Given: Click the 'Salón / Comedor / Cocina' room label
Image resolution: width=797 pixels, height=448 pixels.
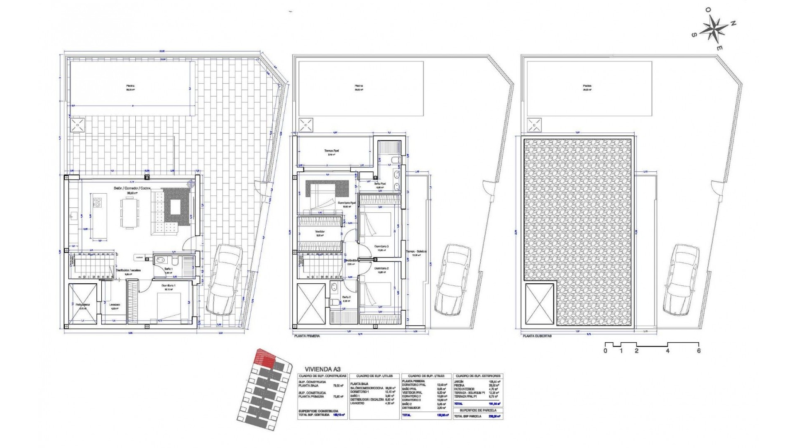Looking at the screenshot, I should click(x=132, y=188).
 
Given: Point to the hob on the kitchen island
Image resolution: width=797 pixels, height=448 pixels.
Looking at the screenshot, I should click(x=98, y=203).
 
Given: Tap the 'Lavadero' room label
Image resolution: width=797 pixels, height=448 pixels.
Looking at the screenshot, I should click(x=115, y=305).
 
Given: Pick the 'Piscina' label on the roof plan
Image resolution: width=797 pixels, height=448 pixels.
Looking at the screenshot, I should click(x=587, y=87).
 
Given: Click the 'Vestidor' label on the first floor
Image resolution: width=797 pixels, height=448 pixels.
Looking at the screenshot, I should click(x=320, y=231).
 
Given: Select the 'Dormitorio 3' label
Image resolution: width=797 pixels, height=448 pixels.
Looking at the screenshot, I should click(x=381, y=246).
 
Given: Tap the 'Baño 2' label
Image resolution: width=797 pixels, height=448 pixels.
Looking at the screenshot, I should click(x=347, y=297).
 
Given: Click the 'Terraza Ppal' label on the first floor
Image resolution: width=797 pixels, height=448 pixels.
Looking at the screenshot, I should click(x=331, y=151).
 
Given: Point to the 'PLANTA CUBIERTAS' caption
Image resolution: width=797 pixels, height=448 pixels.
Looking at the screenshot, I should click(x=537, y=336).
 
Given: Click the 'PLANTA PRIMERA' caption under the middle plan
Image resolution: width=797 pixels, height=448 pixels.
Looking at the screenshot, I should click(x=307, y=336).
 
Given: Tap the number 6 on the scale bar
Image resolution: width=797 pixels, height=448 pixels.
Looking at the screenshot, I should click(x=699, y=351).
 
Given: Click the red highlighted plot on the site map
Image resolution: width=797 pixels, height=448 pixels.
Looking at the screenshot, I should click(x=265, y=358).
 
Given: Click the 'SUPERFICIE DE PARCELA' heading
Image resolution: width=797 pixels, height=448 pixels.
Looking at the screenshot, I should click(x=477, y=410).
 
